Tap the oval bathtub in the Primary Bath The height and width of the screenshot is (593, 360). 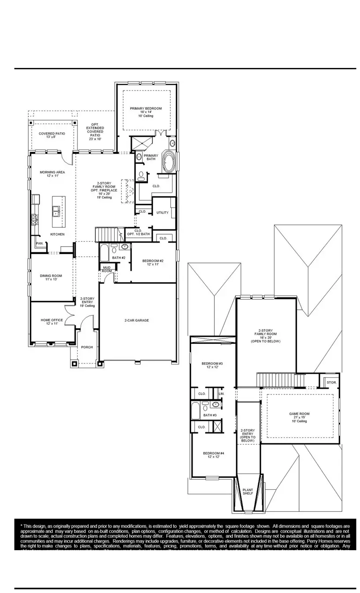click(169, 161)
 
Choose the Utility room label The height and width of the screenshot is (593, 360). click(162, 213)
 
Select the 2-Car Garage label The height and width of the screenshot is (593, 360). click(136, 320)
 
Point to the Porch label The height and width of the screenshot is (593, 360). click(87, 347)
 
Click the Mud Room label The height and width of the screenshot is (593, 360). click(107, 269)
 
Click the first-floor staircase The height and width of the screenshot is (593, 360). click(109, 233)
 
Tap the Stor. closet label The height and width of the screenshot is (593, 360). click(331, 382)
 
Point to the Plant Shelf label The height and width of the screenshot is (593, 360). click(248, 492)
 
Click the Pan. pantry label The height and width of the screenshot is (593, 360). click(39, 243)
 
